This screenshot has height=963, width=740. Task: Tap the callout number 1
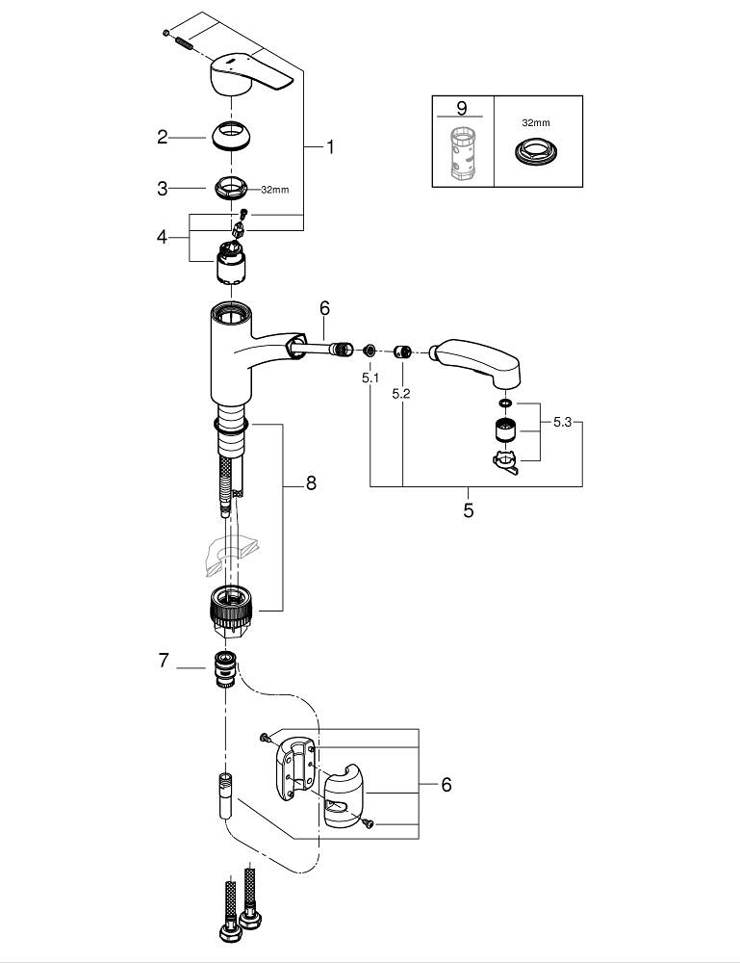[329, 147]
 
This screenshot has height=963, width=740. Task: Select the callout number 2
[163, 137]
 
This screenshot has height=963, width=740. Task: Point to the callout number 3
[163, 189]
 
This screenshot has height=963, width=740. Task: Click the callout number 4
[163, 236]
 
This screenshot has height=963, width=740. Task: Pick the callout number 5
[469, 510]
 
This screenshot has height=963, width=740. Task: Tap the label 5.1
[371, 378]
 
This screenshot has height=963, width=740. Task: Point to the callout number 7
[164, 661]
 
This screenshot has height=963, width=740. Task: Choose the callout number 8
[311, 483]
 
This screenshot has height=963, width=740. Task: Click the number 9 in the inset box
[462, 109]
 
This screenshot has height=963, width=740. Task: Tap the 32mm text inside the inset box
[536, 124]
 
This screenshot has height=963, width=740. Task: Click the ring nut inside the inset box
[536, 151]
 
